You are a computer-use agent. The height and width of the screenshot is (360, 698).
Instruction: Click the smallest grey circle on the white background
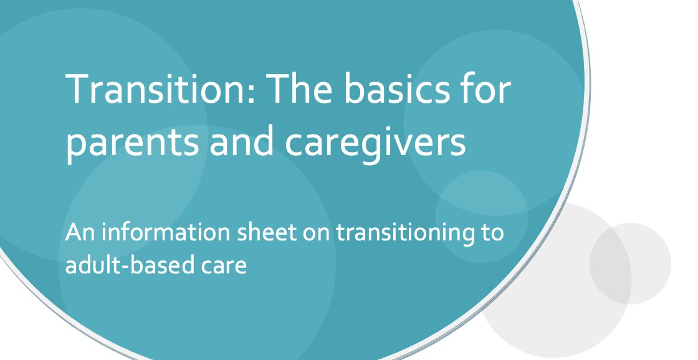(630, 263)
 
